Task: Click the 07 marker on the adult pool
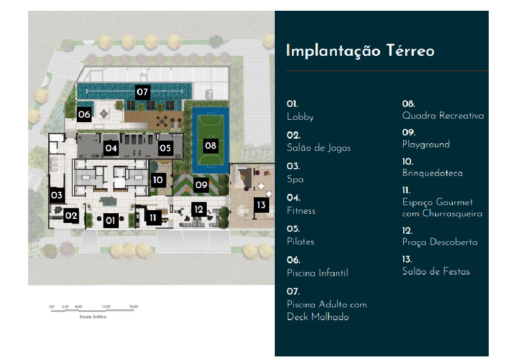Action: click(x=142, y=93)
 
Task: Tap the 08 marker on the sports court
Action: click(x=210, y=145)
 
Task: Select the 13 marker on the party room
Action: click(x=261, y=205)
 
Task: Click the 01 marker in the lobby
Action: click(x=110, y=220)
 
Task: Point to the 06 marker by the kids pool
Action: click(x=84, y=115)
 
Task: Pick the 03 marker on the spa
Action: click(x=56, y=195)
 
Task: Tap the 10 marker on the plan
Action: click(x=158, y=180)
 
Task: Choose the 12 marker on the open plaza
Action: click(x=199, y=209)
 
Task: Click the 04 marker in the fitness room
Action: click(x=111, y=149)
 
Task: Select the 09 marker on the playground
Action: click(x=201, y=185)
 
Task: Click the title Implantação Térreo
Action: click(x=360, y=51)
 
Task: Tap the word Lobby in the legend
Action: click(x=300, y=117)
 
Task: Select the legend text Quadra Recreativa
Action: click(x=443, y=116)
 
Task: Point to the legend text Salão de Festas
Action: click(x=436, y=272)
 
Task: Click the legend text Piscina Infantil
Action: click(x=317, y=273)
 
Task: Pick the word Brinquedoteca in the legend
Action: click(x=432, y=173)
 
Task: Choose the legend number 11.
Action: click(x=407, y=190)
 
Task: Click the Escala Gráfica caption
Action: click(x=93, y=317)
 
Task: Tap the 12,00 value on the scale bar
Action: click(x=106, y=306)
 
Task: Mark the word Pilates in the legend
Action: click(x=300, y=241)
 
